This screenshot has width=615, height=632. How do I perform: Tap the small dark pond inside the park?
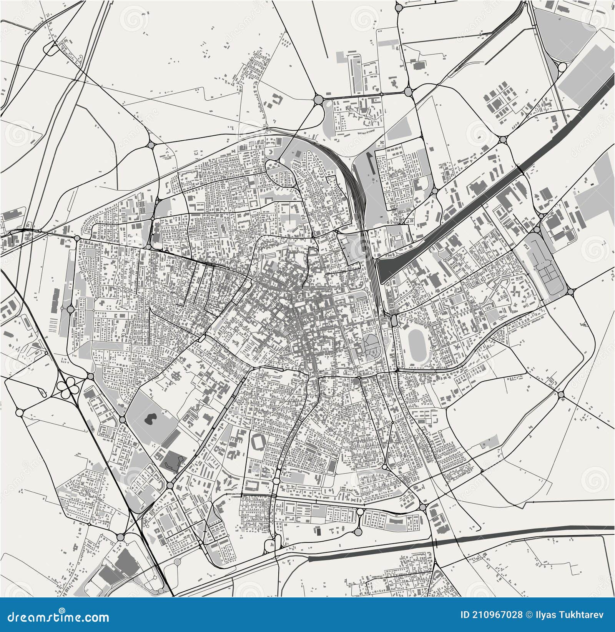coord(150,418)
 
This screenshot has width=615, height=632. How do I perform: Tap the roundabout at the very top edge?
coord(399,7)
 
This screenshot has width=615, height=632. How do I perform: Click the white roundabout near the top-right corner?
coord(562,68)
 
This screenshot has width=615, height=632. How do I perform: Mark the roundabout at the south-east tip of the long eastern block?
coord(570,292)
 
